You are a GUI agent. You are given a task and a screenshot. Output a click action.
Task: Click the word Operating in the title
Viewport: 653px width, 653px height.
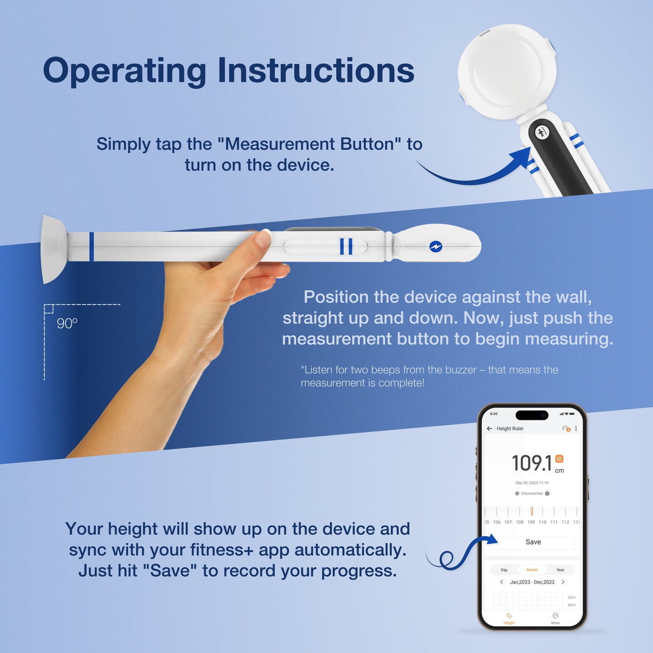(x=124, y=71)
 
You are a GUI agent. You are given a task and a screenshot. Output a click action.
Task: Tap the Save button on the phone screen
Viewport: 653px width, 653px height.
(x=533, y=542)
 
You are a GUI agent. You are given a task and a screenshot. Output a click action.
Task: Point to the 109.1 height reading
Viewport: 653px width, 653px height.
(x=531, y=463)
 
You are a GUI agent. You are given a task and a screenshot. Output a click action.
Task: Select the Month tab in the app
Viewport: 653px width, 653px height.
(x=532, y=570)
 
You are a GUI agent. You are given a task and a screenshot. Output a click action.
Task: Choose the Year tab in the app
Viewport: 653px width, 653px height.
(x=560, y=570)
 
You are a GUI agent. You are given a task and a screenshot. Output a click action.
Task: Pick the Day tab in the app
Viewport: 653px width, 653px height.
(x=504, y=570)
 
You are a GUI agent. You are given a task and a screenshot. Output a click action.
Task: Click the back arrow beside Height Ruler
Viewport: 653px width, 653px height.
(x=489, y=428)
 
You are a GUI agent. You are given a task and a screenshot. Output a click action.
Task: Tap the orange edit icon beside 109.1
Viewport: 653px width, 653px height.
(x=559, y=459)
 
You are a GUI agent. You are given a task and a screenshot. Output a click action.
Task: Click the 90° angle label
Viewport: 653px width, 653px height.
(x=67, y=324)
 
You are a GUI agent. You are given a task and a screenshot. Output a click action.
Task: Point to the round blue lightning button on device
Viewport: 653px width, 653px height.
(x=436, y=247)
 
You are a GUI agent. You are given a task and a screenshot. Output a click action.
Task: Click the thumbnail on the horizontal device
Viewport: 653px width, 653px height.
(x=263, y=239)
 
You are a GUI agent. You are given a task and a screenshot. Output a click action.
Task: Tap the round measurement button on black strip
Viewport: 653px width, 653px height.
(x=541, y=132)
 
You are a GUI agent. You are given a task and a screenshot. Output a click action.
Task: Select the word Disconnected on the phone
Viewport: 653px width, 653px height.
(x=532, y=493)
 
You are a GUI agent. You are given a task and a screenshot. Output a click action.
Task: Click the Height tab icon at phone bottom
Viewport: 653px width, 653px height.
(x=509, y=617)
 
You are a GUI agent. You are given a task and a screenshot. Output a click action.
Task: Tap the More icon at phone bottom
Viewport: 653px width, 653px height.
(x=555, y=617)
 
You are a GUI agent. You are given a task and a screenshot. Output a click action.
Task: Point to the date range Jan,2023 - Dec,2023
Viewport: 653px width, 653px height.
(x=532, y=582)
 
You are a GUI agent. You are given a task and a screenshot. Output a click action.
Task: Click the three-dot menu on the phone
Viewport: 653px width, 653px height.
(x=576, y=428)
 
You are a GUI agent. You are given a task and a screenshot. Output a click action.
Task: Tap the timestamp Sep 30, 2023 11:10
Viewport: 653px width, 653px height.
(x=532, y=483)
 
